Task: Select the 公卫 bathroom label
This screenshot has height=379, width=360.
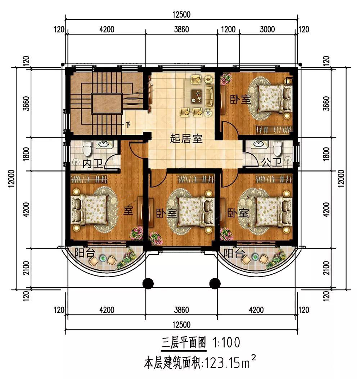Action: [x=272, y=163]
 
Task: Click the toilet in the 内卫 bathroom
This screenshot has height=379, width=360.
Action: [x=87, y=149]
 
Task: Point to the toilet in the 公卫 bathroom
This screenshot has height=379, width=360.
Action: [x=277, y=148]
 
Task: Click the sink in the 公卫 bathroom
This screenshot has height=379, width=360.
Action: [x=259, y=144]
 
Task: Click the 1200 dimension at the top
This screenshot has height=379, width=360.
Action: [x=228, y=29]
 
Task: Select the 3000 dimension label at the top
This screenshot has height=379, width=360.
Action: [x=267, y=29]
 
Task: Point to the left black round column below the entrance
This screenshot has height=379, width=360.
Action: [x=148, y=283]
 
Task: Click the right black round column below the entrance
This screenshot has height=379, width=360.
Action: [x=215, y=283]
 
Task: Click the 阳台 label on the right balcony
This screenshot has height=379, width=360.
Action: [x=234, y=253]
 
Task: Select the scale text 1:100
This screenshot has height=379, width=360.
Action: [x=226, y=342]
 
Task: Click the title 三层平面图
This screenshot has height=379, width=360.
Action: [x=184, y=342]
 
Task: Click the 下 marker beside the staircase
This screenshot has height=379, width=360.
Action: [x=128, y=125]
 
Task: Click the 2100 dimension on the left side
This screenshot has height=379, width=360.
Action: [x=26, y=268]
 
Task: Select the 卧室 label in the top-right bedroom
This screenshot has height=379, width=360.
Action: [x=240, y=99]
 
